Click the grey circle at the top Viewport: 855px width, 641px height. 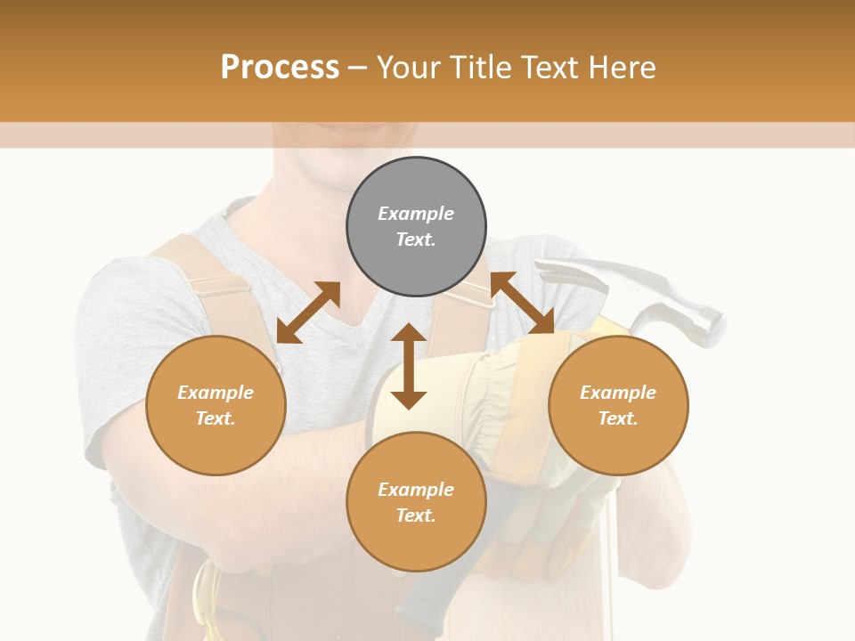coord(416,227)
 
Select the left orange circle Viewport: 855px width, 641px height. coord(216,405)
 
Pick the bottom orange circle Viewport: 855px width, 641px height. coord(416,502)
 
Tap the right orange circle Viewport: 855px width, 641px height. coord(618,405)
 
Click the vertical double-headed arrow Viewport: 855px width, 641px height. coord(409,366)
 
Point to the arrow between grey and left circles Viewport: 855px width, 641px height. coord(308,312)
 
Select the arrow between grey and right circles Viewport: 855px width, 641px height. coord(523,303)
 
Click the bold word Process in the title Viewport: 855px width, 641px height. coord(280,67)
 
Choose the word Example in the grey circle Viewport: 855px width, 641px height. coord(416,214)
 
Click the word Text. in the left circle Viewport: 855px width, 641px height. coord(216,418)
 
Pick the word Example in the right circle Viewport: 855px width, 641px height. coord(618,393)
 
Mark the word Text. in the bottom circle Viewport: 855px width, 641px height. coord(416,515)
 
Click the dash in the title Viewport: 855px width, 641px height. coord(357,68)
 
